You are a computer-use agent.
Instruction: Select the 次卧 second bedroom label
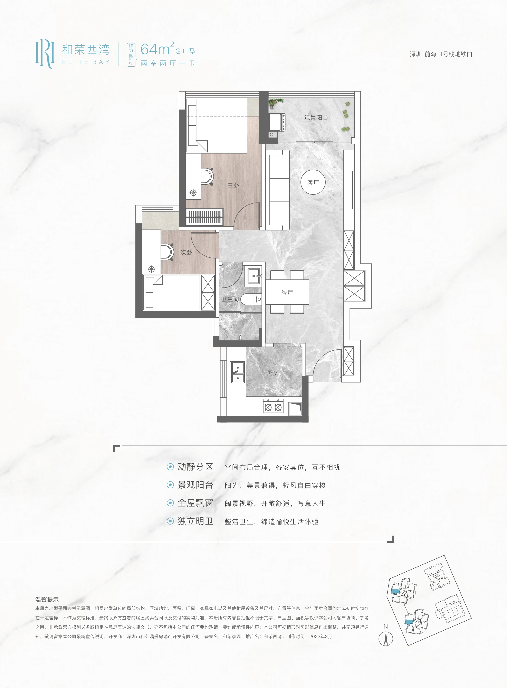tap(186, 252)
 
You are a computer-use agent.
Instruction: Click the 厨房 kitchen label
tap(273, 373)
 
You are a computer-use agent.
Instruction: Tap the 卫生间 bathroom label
tap(230, 299)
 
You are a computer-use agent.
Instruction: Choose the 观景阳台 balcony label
tap(316, 117)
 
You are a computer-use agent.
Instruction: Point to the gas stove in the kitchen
tap(273, 406)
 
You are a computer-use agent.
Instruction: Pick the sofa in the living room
tap(278, 190)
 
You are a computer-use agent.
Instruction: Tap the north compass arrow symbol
tap(386, 639)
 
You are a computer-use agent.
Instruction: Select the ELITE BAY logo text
tap(86, 62)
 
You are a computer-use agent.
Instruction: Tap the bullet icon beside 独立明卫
tap(170, 521)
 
